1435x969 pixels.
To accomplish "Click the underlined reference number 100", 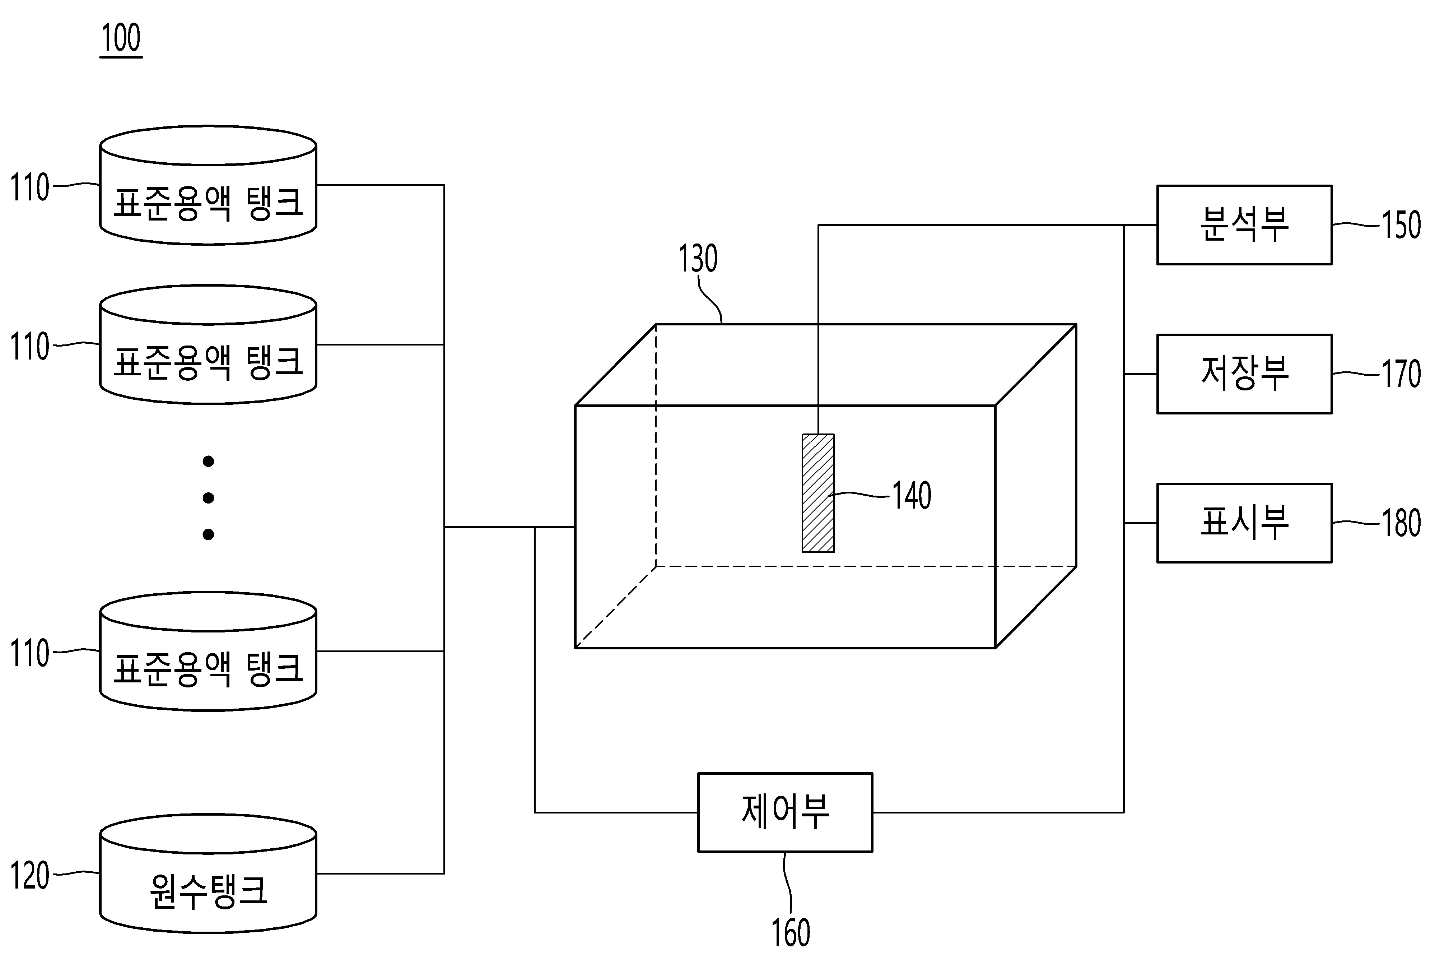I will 121,38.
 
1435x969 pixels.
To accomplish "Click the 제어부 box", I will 785,812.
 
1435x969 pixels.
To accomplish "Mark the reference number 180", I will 1401,523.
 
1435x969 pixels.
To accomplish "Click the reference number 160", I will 790,933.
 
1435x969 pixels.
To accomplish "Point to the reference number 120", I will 30,875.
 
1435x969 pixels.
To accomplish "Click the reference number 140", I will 912,495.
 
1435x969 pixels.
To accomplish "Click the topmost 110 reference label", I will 30,187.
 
